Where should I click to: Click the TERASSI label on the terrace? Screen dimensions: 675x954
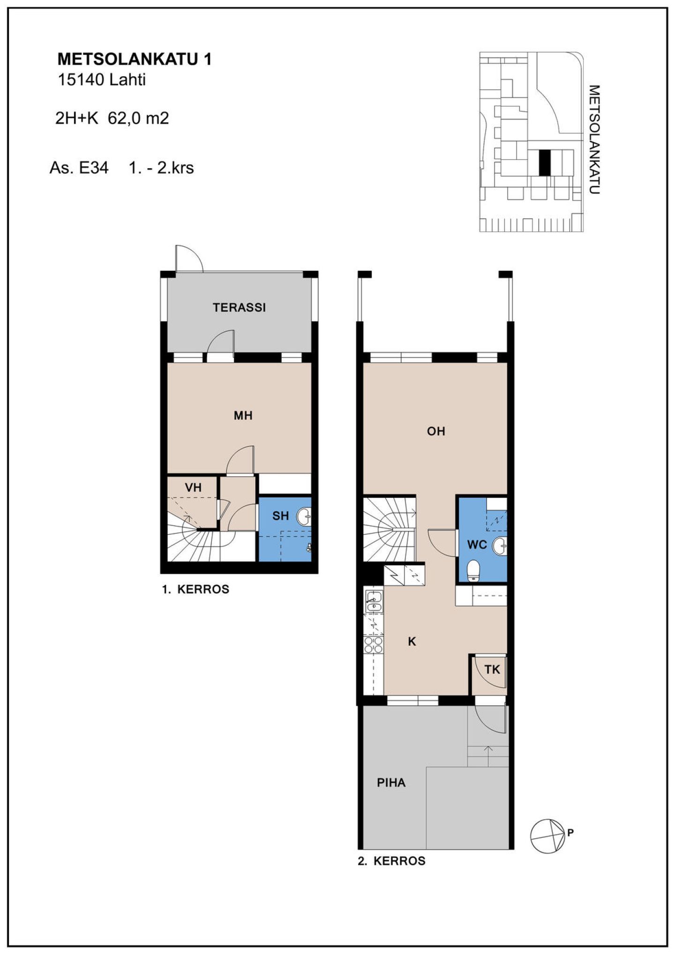239,308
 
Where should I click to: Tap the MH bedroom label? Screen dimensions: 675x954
243,415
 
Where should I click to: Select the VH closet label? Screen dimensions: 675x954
193,488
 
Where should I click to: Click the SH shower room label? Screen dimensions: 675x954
280,516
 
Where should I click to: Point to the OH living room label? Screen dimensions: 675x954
436,431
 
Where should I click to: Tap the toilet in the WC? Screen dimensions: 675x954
474,570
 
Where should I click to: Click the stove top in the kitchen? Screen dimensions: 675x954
374,644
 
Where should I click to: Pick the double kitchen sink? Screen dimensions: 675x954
374,601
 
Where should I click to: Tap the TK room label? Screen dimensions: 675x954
492,670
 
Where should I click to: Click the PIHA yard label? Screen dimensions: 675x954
391,783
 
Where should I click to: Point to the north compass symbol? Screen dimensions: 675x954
547,836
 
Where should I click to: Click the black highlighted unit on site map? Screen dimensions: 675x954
544,163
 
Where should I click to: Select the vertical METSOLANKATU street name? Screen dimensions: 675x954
594,140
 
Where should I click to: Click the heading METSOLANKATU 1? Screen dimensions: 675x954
135,59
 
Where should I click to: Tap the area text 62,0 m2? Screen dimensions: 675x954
138,118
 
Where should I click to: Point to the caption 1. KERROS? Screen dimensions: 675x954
195,589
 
